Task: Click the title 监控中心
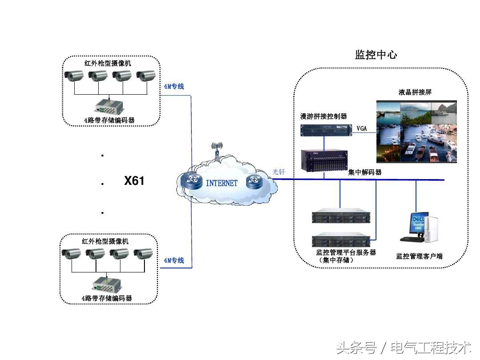click(x=376, y=55)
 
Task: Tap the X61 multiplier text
click(x=134, y=181)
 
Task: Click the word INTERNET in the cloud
click(x=222, y=183)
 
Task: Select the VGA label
click(x=361, y=128)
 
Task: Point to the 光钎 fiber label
click(x=279, y=172)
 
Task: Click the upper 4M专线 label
click(x=174, y=87)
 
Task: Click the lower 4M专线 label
click(x=174, y=260)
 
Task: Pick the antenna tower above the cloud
click(x=216, y=150)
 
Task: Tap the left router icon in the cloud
click(x=194, y=180)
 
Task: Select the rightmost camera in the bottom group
click(x=143, y=254)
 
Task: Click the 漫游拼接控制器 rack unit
click(x=324, y=129)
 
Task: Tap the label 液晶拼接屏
click(x=415, y=92)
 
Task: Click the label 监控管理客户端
click(x=419, y=256)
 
